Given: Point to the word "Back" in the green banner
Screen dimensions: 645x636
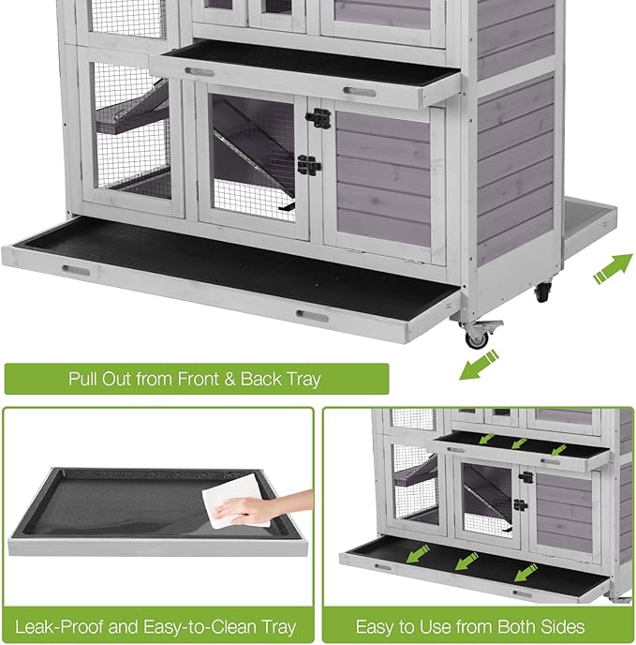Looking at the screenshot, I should point(260,380).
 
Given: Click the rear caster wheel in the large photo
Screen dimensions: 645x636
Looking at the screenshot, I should point(541,292).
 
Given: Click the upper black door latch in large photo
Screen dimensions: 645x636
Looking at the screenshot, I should point(318,120).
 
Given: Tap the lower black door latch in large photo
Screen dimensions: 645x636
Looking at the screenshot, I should point(309,165).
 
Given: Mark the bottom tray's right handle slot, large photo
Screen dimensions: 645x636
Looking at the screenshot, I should point(312,316).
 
